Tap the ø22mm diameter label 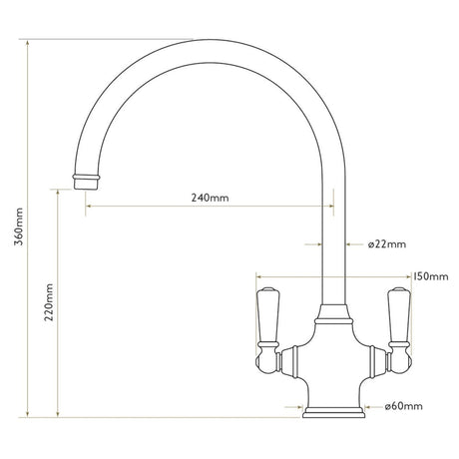tap(385, 243)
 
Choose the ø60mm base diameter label tap(403, 406)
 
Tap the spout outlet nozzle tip tap(87, 179)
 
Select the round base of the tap tap(332, 409)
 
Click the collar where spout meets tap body tap(332, 316)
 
